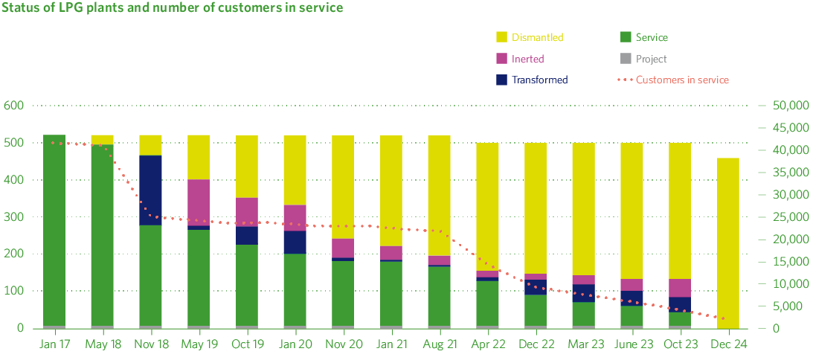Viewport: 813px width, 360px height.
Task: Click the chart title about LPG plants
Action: [x=173, y=8]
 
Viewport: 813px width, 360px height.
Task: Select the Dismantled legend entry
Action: [x=530, y=37]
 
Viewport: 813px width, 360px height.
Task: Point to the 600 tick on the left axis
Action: [x=14, y=106]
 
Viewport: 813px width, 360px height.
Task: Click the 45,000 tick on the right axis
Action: [x=788, y=128]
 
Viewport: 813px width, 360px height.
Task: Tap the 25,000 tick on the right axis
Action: [x=788, y=217]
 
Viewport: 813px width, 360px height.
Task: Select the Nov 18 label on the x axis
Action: [x=150, y=345]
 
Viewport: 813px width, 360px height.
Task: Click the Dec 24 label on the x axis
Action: [x=728, y=345]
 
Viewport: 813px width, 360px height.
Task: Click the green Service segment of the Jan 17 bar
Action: [x=54, y=231]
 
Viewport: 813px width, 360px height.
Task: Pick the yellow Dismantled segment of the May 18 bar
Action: [x=102, y=140]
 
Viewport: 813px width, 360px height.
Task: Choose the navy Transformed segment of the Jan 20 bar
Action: [x=295, y=242]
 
